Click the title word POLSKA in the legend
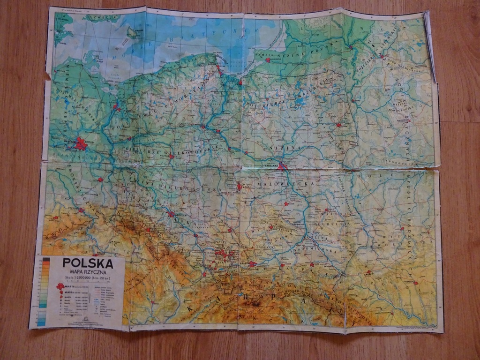pos(88,263)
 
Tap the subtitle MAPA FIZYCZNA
pos(88,272)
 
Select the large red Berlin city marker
pos(81,143)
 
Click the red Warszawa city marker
pos(281,165)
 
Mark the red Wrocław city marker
pos(171,214)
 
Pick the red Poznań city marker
pos(172,157)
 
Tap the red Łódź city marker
pos(240,187)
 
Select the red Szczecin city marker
pos(116,107)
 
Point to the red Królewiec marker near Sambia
pos(268,60)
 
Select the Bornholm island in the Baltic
pos(132,32)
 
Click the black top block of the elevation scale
pos(46,259)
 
